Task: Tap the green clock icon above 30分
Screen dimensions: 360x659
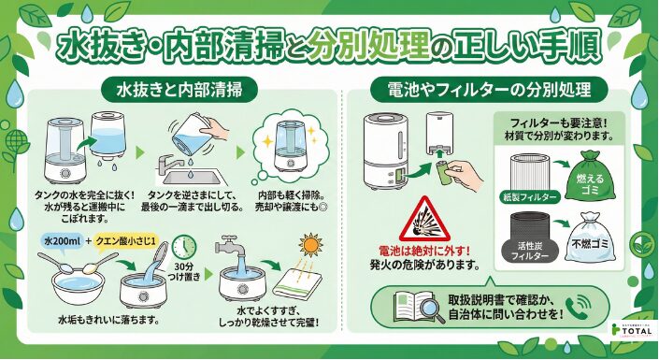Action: click(185, 247)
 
